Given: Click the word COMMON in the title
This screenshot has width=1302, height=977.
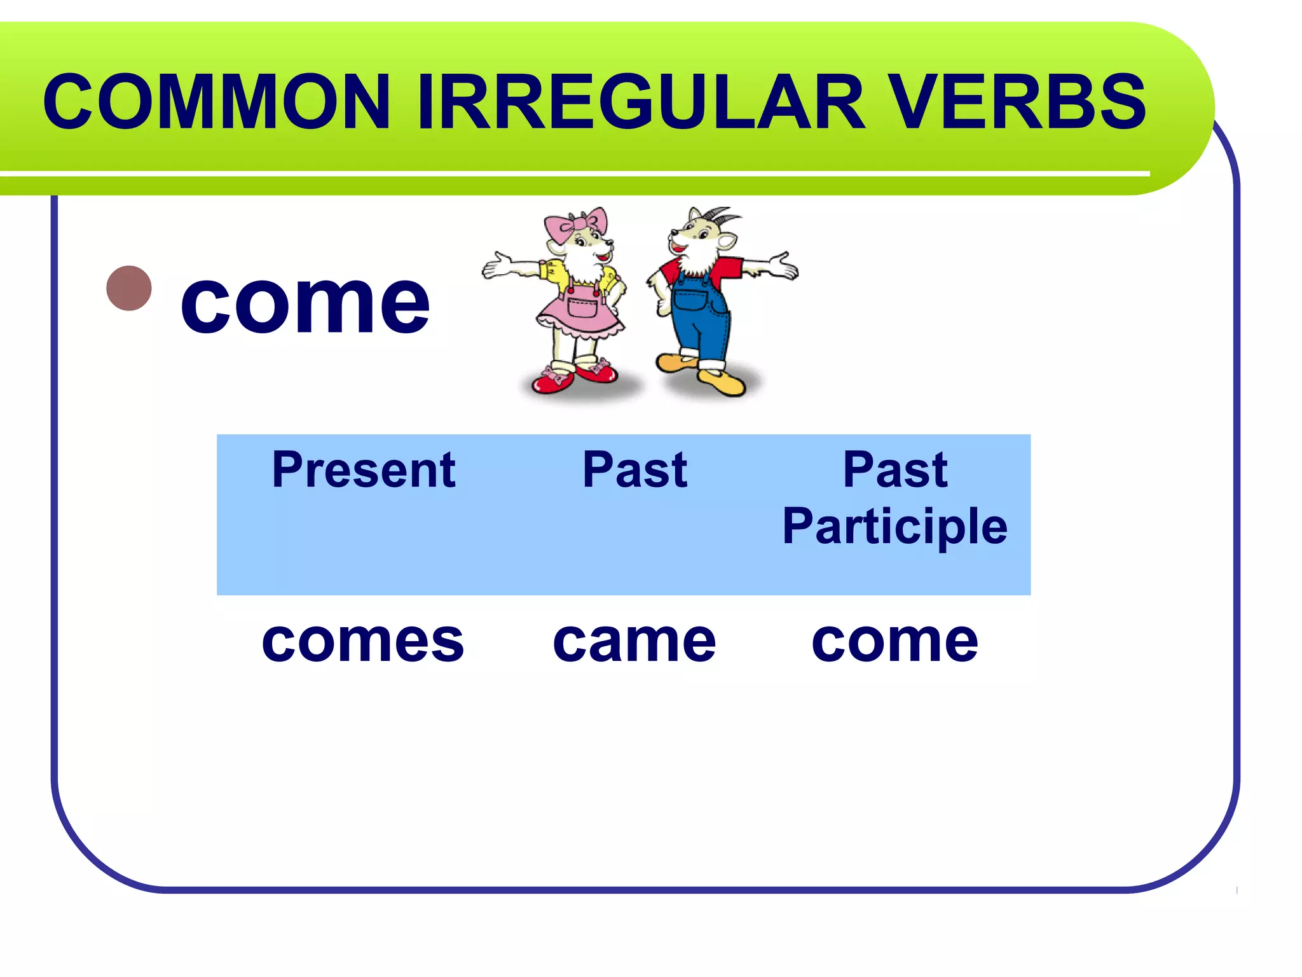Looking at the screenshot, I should pyautogui.click(x=216, y=102).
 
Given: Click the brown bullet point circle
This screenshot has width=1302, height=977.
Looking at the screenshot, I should pyautogui.click(x=129, y=288).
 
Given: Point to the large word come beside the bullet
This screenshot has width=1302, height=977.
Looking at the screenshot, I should pyautogui.click(x=305, y=304).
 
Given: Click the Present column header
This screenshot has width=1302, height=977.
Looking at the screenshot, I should pyautogui.click(x=364, y=470).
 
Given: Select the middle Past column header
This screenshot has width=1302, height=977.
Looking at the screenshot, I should pyautogui.click(x=634, y=470).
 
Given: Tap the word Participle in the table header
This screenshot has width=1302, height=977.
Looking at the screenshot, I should pyautogui.click(x=894, y=527).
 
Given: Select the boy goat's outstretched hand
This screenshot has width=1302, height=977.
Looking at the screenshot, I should pyautogui.click(x=782, y=265).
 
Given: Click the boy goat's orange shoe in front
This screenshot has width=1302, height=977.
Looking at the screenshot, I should pyautogui.click(x=722, y=382).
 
